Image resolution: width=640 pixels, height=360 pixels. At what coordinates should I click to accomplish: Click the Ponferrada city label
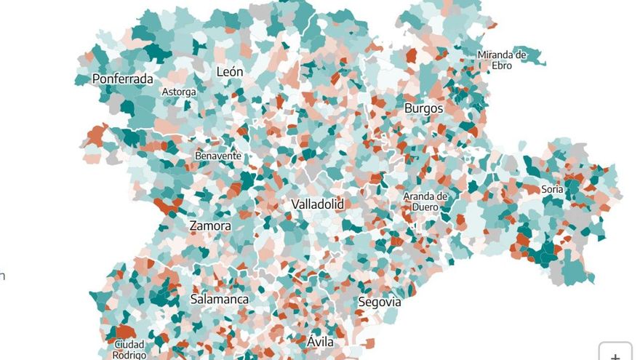click(x=122, y=79)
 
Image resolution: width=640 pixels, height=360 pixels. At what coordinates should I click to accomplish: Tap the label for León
click(x=230, y=72)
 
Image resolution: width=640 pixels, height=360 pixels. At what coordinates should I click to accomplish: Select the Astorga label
click(x=178, y=92)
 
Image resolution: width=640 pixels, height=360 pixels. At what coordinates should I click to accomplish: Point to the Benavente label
click(x=217, y=156)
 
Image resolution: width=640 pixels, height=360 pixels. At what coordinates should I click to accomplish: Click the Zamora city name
click(x=210, y=225)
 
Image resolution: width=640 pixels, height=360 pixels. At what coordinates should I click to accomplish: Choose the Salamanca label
click(x=219, y=299)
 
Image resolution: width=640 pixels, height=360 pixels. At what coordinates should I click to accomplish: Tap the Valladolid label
click(x=317, y=204)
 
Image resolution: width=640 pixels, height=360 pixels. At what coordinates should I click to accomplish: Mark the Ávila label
click(x=320, y=341)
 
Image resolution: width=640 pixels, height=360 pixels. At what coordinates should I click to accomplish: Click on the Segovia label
click(x=379, y=301)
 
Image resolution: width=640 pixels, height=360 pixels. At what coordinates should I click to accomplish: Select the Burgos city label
click(x=423, y=108)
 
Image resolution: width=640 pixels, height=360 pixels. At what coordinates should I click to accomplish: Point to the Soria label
click(x=553, y=189)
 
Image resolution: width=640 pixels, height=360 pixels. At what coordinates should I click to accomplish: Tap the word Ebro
click(x=502, y=65)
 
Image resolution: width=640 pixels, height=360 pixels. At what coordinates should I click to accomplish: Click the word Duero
click(x=425, y=207)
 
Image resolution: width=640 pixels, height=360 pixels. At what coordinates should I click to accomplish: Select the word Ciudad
click(x=129, y=345)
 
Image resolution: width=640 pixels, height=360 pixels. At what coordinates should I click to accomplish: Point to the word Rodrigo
click(x=129, y=355)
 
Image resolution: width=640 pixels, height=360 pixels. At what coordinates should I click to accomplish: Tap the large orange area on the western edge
click(x=96, y=136)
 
